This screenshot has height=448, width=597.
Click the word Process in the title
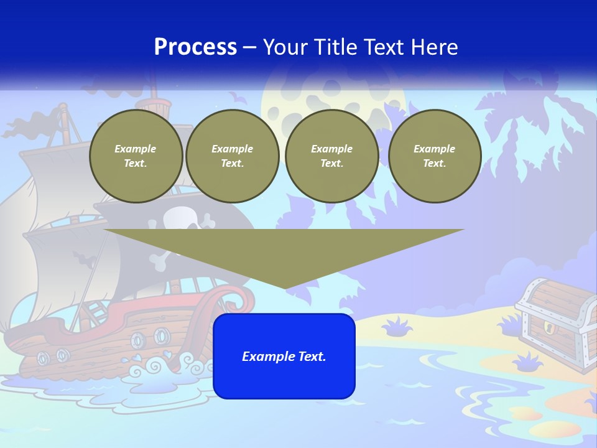[195, 47]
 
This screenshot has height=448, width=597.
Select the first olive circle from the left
[136, 156]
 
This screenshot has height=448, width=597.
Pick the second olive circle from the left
[233, 156]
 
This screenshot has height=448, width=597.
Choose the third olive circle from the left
[332, 156]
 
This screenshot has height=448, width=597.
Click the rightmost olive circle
[435, 156]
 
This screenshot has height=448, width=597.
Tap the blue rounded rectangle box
[284, 380]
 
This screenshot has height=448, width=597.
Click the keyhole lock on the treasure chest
[548, 327]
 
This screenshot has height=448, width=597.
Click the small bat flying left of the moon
[236, 97]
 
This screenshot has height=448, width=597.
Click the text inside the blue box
[284, 357]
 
